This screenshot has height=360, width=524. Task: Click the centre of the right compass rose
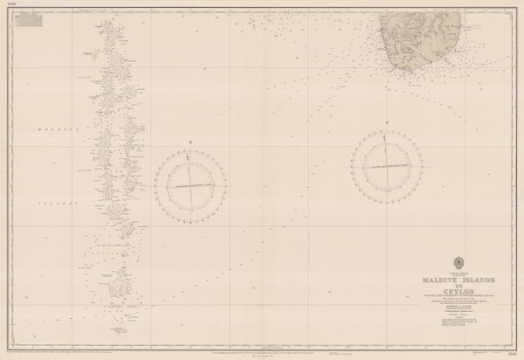coord(386,165)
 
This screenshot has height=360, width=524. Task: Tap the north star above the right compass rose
coord(386,122)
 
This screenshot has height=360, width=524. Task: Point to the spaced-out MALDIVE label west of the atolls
coord(57,130)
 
